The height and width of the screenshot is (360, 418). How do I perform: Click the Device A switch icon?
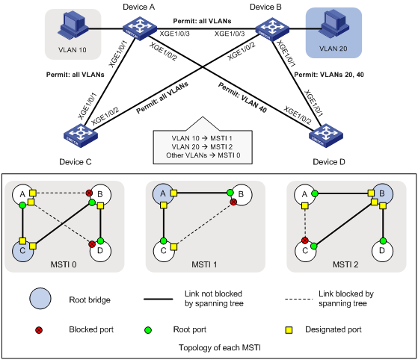tap(140, 28)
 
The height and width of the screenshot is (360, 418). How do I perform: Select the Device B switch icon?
tap(272, 29)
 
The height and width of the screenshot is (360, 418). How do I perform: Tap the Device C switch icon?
tap(81, 135)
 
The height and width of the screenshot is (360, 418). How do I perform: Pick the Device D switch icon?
tap(326, 135)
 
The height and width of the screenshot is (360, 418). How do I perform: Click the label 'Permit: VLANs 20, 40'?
tap(329, 75)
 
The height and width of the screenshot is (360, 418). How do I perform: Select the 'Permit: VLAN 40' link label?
tap(242, 97)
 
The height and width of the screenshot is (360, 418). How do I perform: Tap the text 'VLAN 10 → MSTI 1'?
tap(202, 138)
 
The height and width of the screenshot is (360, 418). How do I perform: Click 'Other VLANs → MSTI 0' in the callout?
tap(203, 155)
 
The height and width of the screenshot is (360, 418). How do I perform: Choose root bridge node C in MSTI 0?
tap(23, 251)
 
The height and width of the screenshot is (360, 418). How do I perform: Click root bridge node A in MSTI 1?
tap(163, 194)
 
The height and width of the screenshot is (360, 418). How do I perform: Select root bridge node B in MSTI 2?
tap(382, 194)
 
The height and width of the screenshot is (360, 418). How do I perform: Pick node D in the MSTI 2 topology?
tap(382, 251)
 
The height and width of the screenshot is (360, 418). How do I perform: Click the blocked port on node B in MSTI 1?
tap(233, 202)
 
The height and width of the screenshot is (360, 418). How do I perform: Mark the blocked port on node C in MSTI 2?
tap(305, 240)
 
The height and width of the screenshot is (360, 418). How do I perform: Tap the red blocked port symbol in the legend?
tap(39, 330)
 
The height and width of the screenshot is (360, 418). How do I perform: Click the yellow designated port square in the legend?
tap(289, 330)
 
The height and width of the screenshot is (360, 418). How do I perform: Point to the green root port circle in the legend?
tap(148, 330)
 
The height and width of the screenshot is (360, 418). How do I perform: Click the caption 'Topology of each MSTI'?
tap(220, 348)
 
